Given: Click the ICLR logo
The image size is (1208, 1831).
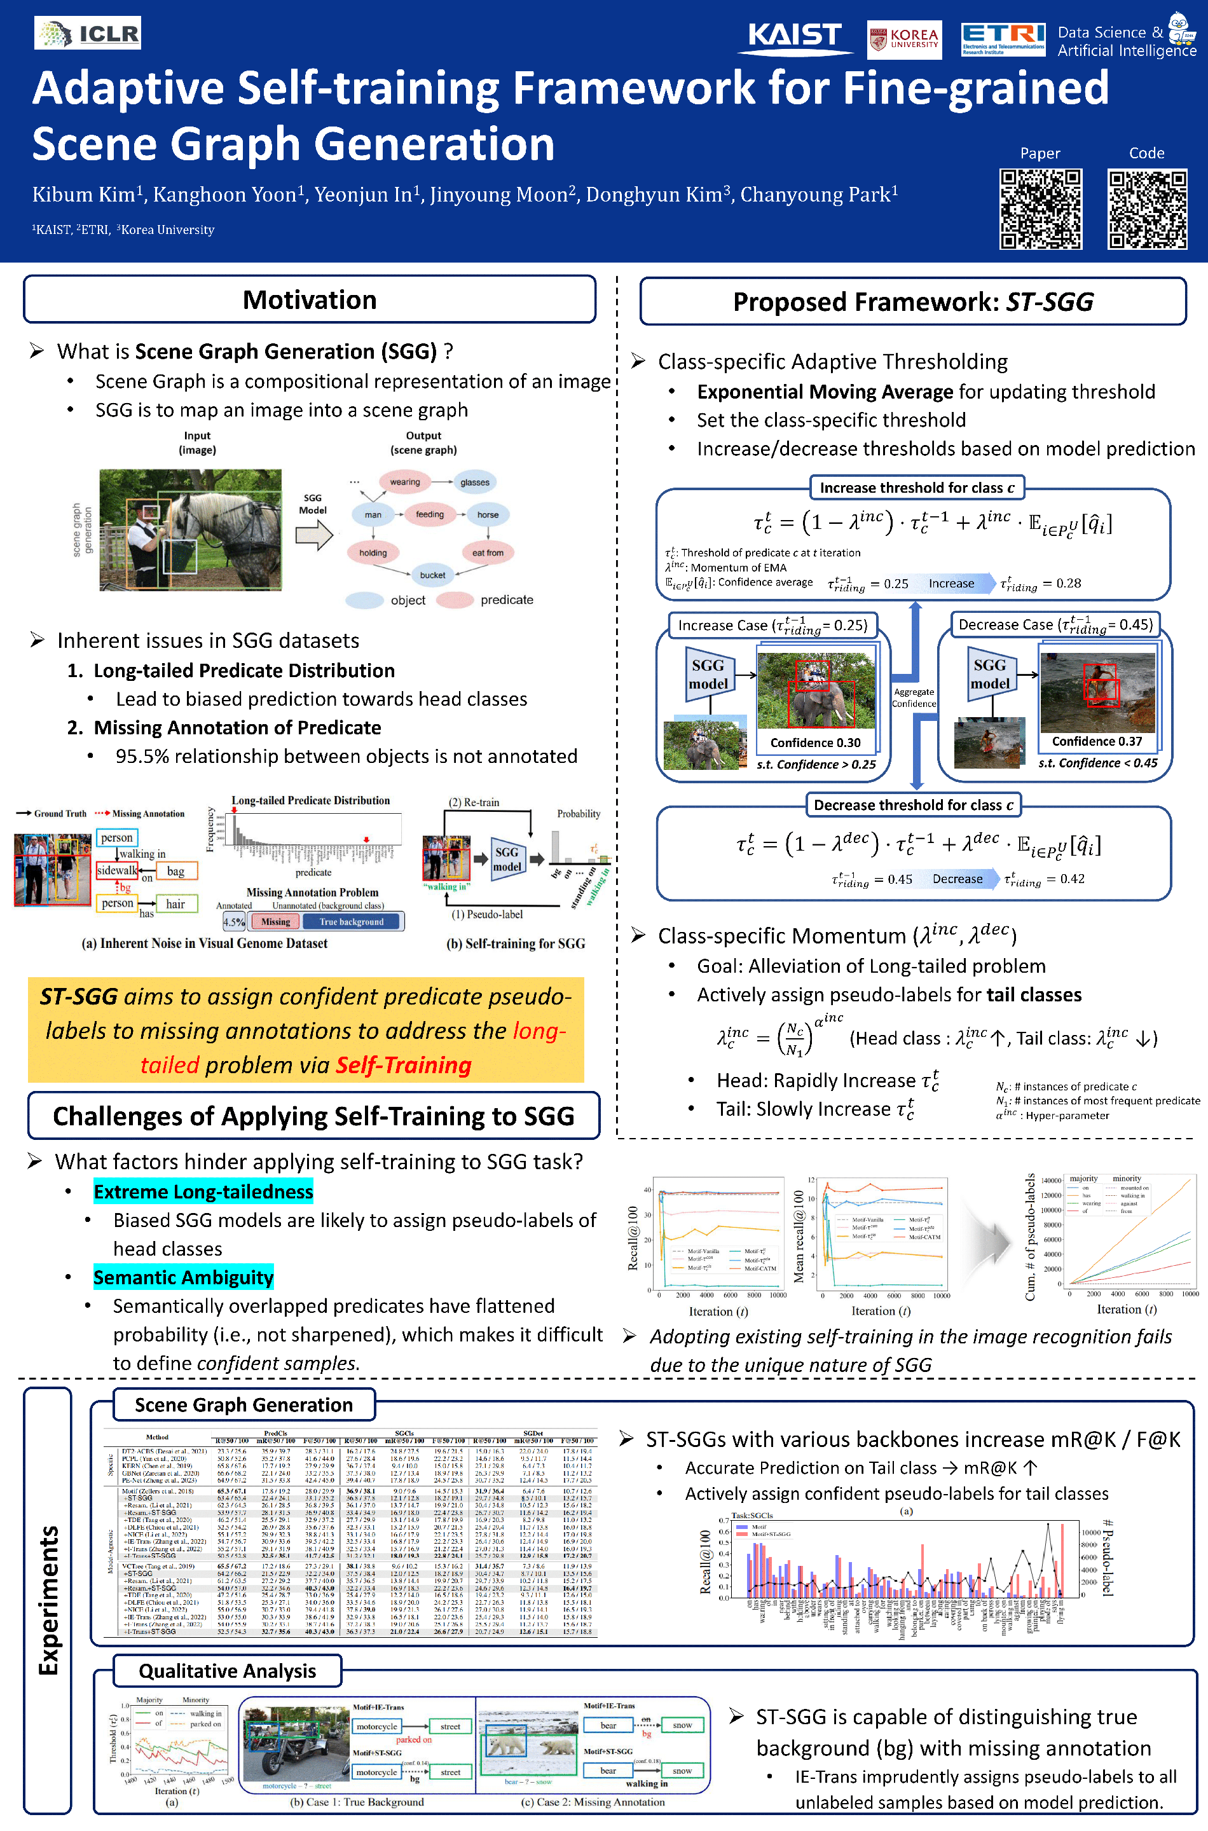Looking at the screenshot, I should pyautogui.click(x=87, y=33).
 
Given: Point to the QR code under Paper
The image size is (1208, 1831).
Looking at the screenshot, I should pyautogui.click(x=1040, y=209).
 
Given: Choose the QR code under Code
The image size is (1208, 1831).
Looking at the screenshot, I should pyautogui.click(x=1146, y=209).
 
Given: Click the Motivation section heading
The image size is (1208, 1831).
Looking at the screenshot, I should pyautogui.click(x=310, y=299).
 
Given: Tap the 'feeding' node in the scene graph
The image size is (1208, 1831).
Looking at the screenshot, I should pyautogui.click(x=429, y=514).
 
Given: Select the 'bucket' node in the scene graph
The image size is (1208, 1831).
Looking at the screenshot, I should pyautogui.click(x=432, y=575).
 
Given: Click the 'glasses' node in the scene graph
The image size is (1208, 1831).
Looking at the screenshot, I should pyautogui.click(x=474, y=482).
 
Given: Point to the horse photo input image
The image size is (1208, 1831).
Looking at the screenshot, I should pyautogui.click(x=190, y=530).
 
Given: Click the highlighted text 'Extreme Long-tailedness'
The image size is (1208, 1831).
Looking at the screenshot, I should pyautogui.click(x=203, y=1191).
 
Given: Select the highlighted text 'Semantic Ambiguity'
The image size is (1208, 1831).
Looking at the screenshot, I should pyautogui.click(x=183, y=1277).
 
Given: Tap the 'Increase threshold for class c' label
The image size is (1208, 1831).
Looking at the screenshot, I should pyautogui.click(x=916, y=488).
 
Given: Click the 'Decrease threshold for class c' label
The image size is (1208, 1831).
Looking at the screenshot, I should pyautogui.click(x=913, y=805).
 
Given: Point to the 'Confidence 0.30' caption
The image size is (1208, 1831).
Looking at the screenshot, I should pyautogui.click(x=815, y=743).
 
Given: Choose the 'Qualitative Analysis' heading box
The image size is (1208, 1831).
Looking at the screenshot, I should pyautogui.click(x=227, y=1671).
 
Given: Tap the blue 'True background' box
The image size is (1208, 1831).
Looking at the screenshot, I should pyautogui.click(x=352, y=922).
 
